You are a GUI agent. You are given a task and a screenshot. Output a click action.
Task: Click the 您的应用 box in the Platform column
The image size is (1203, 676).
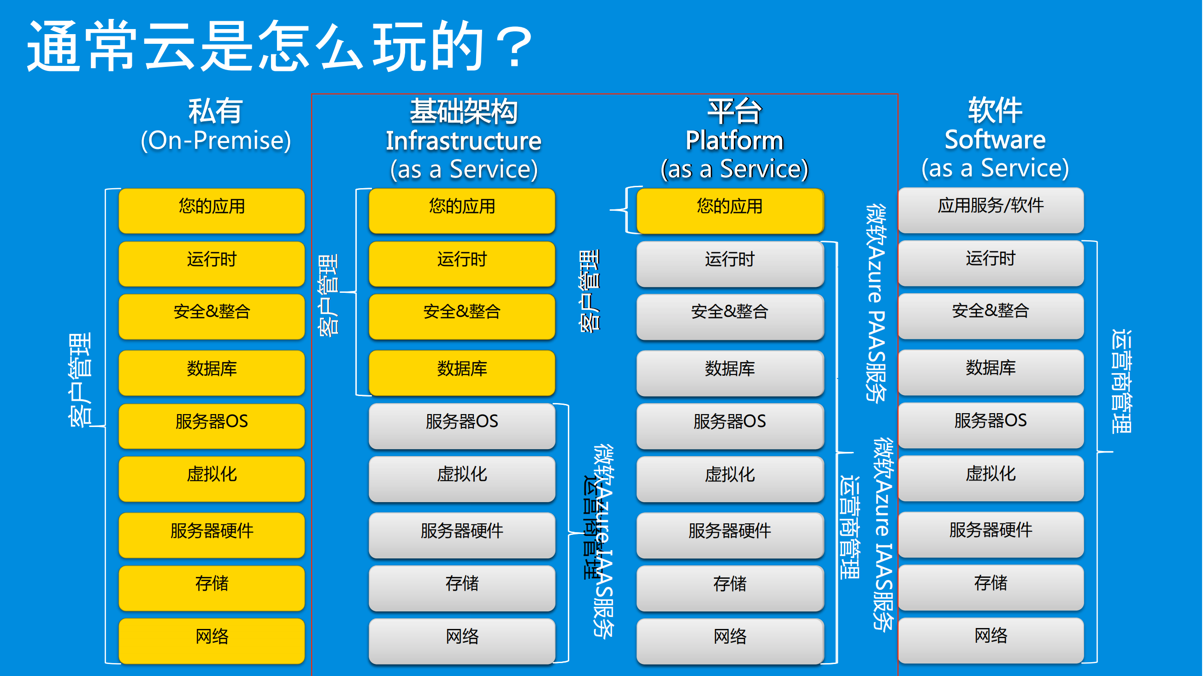(x=730, y=210)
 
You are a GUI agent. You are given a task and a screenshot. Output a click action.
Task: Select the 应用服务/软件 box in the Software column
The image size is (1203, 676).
(x=991, y=209)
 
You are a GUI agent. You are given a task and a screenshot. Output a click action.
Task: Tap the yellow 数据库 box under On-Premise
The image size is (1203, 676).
(x=212, y=372)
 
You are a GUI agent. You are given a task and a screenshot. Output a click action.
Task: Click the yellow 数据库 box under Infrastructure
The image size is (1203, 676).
(x=461, y=372)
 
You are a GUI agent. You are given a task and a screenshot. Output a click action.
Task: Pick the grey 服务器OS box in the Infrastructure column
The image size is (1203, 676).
(x=461, y=425)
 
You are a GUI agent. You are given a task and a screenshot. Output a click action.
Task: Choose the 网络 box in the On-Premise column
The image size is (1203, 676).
(x=212, y=640)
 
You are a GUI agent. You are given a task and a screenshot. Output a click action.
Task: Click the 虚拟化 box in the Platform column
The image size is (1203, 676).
(x=730, y=478)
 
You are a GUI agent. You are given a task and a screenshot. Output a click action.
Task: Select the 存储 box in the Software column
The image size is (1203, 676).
(x=991, y=586)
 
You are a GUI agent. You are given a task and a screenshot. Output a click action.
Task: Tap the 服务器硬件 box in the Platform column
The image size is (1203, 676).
(x=730, y=534)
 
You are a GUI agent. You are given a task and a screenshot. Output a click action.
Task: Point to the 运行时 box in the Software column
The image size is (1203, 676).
(x=991, y=261)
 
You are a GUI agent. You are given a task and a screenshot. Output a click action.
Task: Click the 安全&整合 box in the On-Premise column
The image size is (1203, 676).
(x=212, y=315)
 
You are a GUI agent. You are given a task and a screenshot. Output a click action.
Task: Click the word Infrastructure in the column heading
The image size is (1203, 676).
(x=463, y=141)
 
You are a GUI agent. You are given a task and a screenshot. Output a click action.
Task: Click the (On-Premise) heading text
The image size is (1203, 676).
(x=216, y=140)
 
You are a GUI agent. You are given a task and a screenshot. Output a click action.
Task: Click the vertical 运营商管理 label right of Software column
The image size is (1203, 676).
(x=1121, y=381)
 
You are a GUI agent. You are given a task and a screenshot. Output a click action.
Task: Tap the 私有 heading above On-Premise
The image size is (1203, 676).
(x=215, y=111)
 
